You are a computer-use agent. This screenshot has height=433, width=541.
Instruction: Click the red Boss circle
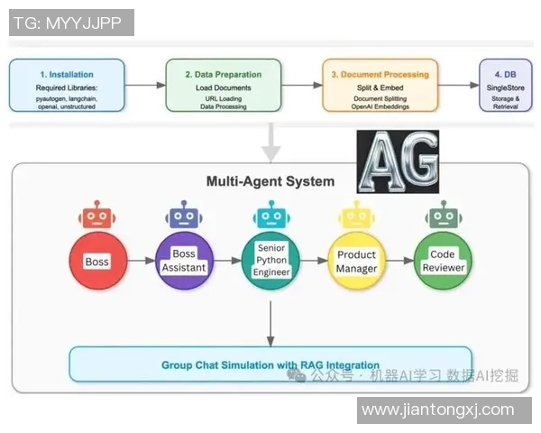point(96,262)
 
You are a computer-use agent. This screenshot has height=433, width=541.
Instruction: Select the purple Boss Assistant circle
point(183,262)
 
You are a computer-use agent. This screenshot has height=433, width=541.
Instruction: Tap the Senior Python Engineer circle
point(270,262)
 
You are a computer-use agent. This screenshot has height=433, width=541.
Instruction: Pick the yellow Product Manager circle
point(356,262)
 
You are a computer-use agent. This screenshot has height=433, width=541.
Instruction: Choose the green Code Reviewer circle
point(443,262)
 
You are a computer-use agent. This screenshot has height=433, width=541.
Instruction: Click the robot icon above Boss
point(96,216)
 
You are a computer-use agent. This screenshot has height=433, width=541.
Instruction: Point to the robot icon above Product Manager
point(356,216)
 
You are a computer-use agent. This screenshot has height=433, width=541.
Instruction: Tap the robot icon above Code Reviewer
point(443,216)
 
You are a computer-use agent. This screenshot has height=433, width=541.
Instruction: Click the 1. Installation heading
point(67,74)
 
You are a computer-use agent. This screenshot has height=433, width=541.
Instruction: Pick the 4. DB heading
point(505,74)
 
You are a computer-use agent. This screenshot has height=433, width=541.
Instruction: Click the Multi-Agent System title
point(270,181)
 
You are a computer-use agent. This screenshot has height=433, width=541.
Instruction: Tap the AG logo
point(398,161)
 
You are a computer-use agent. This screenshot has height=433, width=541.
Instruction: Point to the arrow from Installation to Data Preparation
point(145,85)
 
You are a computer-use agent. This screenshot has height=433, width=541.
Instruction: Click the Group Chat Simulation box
point(270,364)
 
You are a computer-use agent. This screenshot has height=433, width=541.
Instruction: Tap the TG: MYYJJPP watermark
point(70,23)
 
